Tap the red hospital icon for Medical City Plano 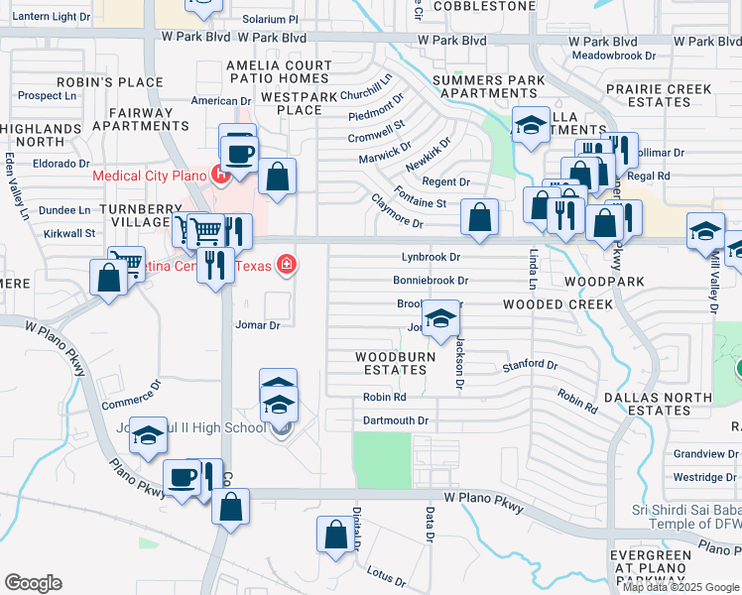click(x=221, y=177)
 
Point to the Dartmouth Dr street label click(x=396, y=420)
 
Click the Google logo click(x=33, y=583)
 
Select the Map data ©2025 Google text click(x=681, y=587)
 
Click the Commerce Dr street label click(x=130, y=395)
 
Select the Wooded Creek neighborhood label click(x=557, y=304)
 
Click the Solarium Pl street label click(x=270, y=20)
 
